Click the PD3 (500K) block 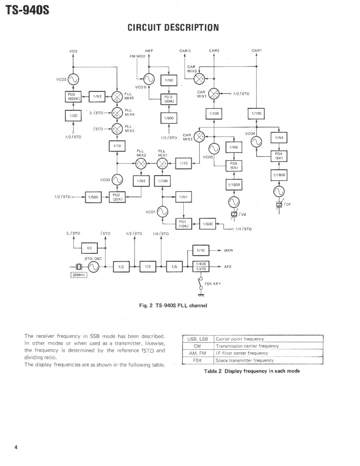[73, 97]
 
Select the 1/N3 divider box [97, 96]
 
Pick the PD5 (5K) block [234, 165]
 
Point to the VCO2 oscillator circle [117, 179]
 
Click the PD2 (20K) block [116, 197]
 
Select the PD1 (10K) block [184, 224]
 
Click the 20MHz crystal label [78, 275]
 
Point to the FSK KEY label [213, 284]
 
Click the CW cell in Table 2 [197, 346]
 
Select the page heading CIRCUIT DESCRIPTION [173, 28]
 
